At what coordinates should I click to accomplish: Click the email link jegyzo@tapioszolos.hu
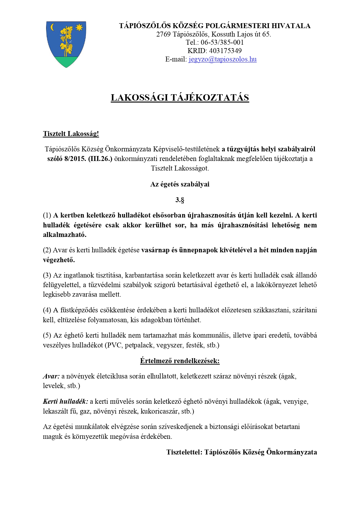(x=222, y=59)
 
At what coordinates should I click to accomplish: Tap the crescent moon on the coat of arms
(x=53, y=27)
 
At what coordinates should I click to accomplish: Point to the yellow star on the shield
(x=79, y=28)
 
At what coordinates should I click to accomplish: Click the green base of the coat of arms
(x=66, y=61)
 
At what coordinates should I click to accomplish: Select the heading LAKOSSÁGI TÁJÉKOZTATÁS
(x=180, y=97)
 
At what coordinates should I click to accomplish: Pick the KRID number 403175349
(x=225, y=51)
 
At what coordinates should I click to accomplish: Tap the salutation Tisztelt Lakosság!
(x=71, y=134)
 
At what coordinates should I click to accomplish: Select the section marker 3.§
(x=180, y=200)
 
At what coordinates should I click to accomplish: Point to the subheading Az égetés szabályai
(x=180, y=184)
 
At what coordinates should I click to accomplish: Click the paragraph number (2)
(x=47, y=250)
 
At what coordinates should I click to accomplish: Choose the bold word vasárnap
(x=155, y=250)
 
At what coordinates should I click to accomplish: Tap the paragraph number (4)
(x=47, y=310)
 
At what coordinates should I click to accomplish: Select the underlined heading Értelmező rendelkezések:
(x=180, y=361)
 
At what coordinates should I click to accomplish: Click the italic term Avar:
(x=51, y=376)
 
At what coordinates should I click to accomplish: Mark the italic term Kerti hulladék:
(x=65, y=401)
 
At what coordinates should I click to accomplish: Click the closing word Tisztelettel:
(x=184, y=452)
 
